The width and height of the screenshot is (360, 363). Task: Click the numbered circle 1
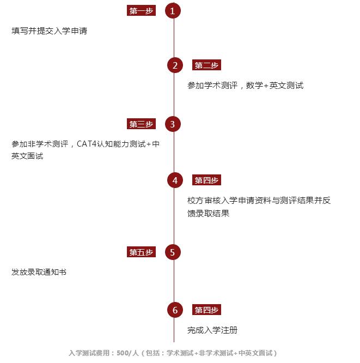pos(173,11)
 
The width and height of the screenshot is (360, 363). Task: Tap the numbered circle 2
pos(175,65)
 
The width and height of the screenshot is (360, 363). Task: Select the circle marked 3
pos(173,124)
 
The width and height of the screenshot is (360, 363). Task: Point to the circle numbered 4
pos(175,180)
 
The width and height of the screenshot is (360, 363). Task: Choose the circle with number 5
pos(173,252)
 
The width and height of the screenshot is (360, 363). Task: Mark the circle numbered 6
pos(175,310)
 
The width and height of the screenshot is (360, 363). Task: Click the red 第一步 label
pos(141,11)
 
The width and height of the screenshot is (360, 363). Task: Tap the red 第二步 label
pos(206,65)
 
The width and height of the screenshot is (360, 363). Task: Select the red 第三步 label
pos(141,124)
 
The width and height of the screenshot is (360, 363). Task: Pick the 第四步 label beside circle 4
pos(206,180)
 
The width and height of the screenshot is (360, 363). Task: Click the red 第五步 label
pos(141,252)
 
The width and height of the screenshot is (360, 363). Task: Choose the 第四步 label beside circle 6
pos(206,310)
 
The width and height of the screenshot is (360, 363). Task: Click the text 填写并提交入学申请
pos(49,31)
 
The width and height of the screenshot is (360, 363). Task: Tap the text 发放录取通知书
pos(39,272)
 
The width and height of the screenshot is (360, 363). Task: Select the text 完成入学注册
pos(212,330)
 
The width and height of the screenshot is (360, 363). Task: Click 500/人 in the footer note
pos(127,353)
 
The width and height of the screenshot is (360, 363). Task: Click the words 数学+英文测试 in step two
pos(274,86)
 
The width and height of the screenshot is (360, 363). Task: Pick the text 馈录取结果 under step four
pos(208,213)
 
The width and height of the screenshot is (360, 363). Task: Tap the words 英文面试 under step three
pos(27,156)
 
